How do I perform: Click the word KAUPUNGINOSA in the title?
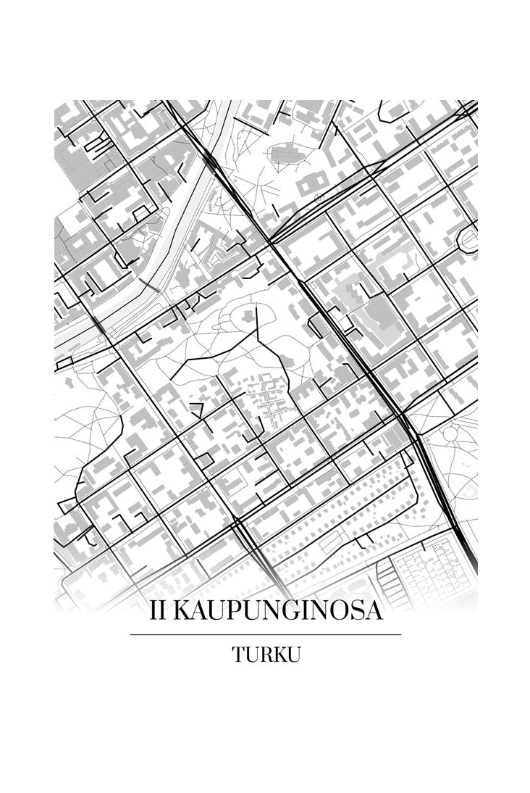click(278, 611)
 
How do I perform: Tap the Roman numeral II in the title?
click(159, 611)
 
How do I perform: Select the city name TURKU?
click(266, 655)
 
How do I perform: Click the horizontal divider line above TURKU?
click(265, 634)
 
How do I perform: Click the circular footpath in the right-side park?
click(451, 434)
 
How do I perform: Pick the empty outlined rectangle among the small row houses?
click(333, 541)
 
